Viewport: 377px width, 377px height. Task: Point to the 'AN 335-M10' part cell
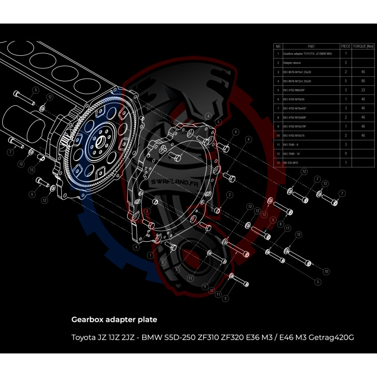click(x=292, y=162)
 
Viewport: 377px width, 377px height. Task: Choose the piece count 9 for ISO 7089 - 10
click(x=346, y=153)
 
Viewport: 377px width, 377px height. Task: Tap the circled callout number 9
click(x=35, y=90)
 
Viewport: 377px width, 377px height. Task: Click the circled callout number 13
click(x=32, y=170)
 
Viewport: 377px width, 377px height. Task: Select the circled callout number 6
click(x=32, y=194)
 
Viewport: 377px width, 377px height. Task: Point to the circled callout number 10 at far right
click(x=326, y=271)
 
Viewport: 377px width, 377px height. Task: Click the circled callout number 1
click(x=150, y=254)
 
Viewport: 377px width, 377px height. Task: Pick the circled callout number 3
click(x=163, y=262)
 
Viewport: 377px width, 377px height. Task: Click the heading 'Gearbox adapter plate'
click(x=114, y=320)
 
